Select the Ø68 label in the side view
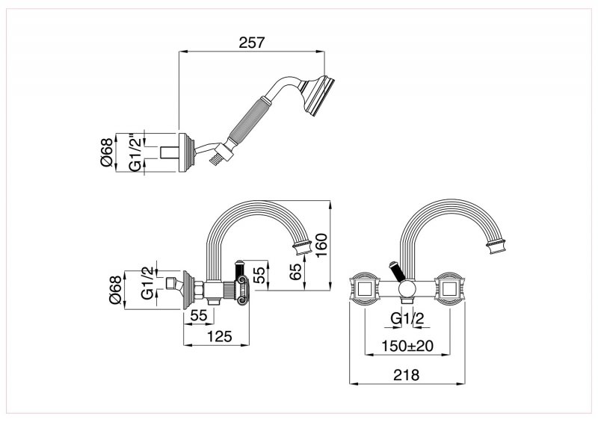114,291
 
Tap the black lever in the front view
395,270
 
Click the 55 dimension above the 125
198,316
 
